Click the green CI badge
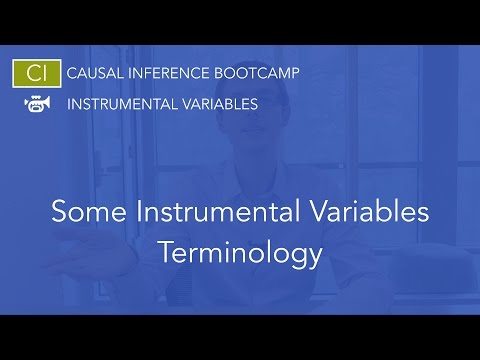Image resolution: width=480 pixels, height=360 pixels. point(36,74)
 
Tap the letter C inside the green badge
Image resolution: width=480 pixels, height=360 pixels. point(30,74)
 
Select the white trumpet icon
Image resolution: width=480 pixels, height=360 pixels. point(36,104)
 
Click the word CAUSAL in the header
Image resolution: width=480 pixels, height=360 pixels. point(92,74)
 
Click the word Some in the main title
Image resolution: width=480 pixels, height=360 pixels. point(81,213)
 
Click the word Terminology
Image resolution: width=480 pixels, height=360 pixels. point(240,252)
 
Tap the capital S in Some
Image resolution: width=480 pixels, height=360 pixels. point(58,213)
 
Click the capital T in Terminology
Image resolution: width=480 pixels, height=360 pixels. point(166,252)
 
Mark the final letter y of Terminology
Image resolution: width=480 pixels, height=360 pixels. point(314,256)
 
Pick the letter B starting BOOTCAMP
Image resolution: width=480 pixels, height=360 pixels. point(216,74)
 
